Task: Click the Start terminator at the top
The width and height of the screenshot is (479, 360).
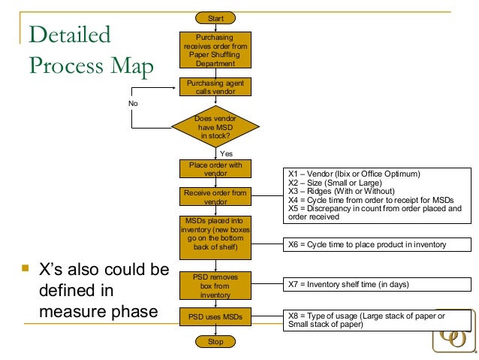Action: [215, 17]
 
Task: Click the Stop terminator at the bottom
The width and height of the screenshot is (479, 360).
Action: [215, 342]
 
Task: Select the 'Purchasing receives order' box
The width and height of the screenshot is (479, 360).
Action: [215, 50]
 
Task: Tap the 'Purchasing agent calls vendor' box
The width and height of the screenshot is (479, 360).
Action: [215, 87]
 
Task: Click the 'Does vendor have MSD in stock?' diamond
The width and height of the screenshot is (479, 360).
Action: [215, 128]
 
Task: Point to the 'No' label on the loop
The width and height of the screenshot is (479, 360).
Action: [133, 104]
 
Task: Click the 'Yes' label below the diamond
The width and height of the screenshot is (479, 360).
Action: [226, 153]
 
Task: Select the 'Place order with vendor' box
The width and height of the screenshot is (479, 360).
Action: [215, 168]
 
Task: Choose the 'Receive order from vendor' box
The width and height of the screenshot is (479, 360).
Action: [215, 197]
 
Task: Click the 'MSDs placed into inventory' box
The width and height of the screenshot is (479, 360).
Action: [215, 234]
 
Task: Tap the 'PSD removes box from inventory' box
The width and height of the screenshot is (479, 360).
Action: [215, 286]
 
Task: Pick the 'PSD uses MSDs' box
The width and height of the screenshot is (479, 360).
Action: [215, 316]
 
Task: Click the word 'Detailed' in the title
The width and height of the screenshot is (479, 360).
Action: [68, 35]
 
